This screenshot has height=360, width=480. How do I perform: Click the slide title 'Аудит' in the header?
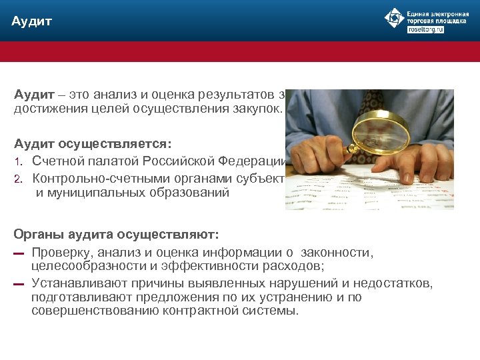(31, 22)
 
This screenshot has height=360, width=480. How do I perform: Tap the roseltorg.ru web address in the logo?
(425, 31)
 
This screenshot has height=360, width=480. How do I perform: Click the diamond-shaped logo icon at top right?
(395, 18)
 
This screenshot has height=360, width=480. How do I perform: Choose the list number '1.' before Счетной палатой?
(19, 161)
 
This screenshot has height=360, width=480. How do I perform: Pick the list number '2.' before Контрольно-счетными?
(19, 179)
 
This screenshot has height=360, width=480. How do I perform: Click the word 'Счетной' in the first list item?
(59, 161)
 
